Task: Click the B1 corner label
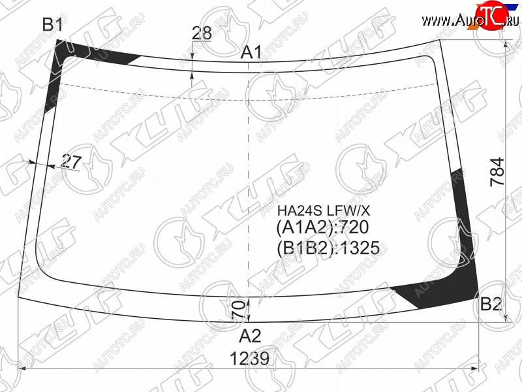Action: point(53,24)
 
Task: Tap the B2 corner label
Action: point(491,304)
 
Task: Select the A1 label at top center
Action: point(251,52)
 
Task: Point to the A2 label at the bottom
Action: point(250,336)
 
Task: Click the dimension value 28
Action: point(202,33)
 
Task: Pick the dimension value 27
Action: point(72,161)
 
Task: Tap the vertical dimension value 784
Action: point(497,172)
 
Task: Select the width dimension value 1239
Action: point(249,359)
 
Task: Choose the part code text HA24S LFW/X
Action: point(324,210)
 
